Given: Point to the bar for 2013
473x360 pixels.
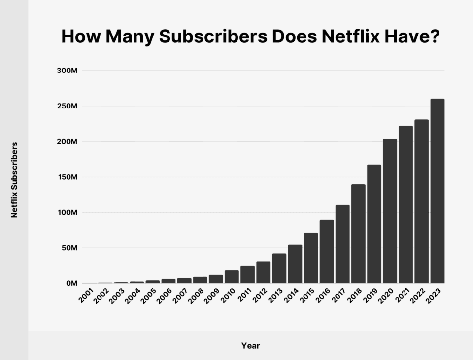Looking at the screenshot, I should point(279,268).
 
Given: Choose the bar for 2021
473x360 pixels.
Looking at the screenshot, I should point(405,205).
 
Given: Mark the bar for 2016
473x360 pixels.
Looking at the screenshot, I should point(327,252).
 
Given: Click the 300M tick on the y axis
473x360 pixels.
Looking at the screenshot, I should point(68,71).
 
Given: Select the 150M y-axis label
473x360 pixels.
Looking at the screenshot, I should point(68,177).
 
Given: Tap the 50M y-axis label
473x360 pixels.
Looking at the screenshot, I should point(69,248).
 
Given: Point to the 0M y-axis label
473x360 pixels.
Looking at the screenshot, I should point(71,284).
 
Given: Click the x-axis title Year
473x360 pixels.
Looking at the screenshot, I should point(250,346).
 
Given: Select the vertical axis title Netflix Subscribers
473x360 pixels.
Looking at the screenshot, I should point(14,180).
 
